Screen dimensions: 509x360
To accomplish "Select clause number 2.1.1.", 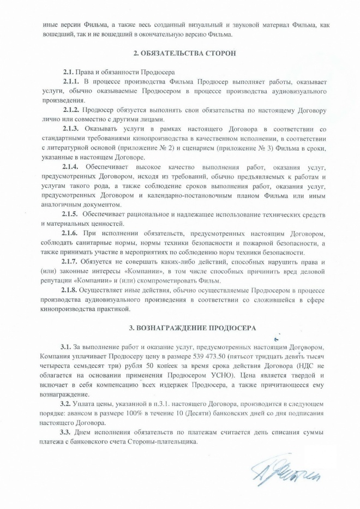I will tap(73, 81).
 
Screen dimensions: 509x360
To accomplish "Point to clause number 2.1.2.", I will tap(73, 110).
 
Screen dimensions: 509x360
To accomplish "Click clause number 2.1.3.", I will tap(73, 129).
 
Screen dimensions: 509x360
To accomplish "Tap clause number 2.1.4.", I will tap(73, 166).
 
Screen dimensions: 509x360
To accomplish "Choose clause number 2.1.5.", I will tap(73, 214).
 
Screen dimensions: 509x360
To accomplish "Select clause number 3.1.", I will tap(66, 348).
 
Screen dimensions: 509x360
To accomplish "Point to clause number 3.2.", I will tap(66, 404).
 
